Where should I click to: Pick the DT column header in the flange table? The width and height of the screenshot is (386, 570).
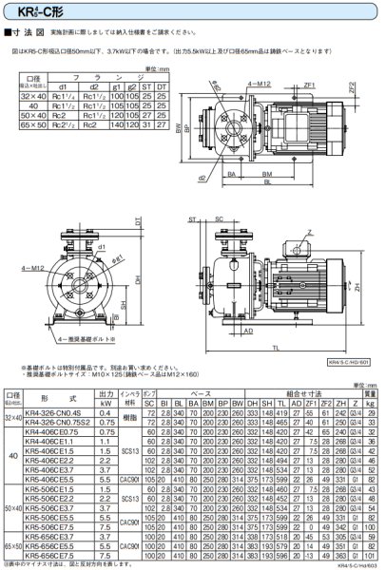coord(162,87)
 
